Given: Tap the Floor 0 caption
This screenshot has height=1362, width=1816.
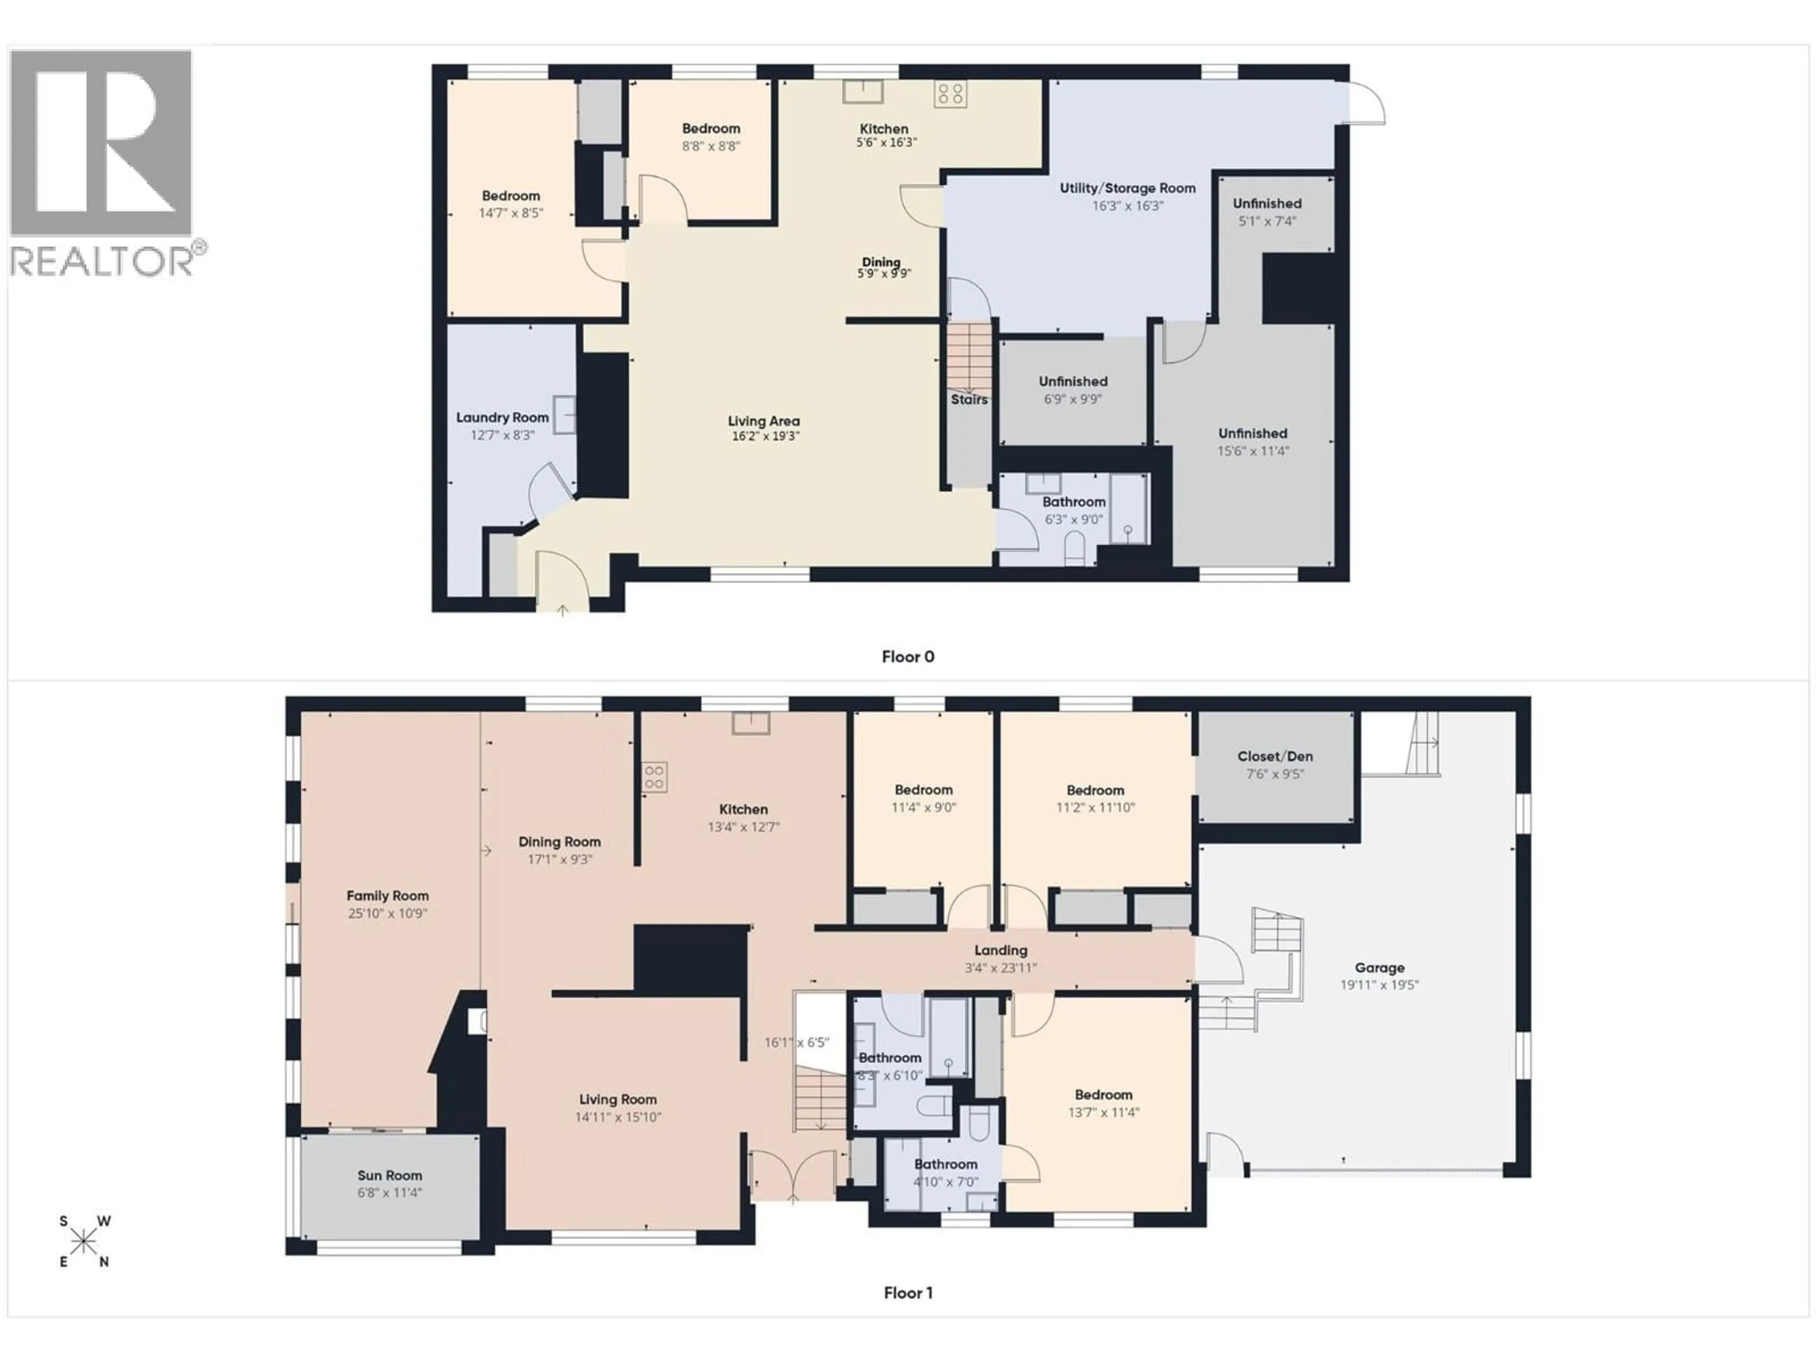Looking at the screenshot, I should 907,657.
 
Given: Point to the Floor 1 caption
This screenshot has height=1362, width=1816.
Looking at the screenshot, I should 907,1293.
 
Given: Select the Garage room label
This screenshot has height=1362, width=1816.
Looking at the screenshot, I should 1379,968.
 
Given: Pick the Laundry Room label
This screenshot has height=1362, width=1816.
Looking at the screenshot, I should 502,418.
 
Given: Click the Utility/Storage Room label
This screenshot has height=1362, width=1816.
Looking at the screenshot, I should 1127,188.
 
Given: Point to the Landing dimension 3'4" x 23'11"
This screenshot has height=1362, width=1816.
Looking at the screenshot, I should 1001,968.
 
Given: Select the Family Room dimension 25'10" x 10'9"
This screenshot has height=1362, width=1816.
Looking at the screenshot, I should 387,913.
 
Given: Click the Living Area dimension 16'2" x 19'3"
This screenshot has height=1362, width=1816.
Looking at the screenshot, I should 764,436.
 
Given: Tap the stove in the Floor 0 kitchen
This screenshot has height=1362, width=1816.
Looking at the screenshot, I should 950,94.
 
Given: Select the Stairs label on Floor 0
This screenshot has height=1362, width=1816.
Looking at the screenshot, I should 969,400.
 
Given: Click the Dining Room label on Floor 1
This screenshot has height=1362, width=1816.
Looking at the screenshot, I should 559,841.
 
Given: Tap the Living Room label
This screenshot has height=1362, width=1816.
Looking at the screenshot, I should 617,1099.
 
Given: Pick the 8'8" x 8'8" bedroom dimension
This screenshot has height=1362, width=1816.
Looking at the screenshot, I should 711,146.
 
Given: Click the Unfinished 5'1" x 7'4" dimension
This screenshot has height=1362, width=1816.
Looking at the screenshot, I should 1267,221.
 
